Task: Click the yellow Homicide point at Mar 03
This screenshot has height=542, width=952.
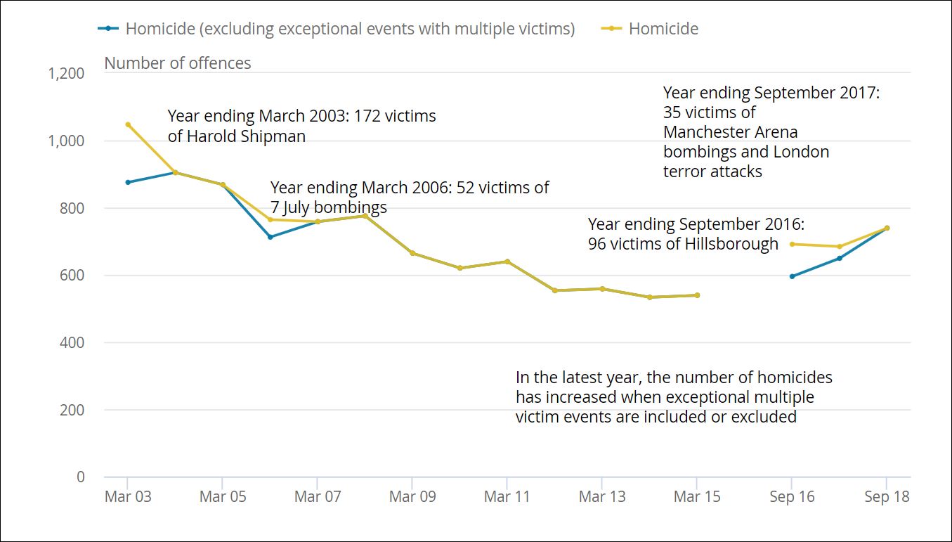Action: tap(128, 124)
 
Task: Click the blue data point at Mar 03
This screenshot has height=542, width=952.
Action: tap(128, 182)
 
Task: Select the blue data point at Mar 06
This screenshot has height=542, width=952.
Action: tap(270, 237)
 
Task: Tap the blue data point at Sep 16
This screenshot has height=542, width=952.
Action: tap(792, 276)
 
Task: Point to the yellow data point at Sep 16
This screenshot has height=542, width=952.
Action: tap(792, 244)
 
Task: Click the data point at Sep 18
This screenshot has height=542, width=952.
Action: tap(887, 228)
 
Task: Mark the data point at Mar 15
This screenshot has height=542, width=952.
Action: tap(697, 295)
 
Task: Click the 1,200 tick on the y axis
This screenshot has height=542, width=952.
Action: tap(66, 74)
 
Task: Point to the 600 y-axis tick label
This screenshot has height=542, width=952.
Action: tap(71, 276)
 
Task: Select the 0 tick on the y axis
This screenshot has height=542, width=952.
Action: tap(80, 477)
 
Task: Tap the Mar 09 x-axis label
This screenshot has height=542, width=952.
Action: tap(412, 497)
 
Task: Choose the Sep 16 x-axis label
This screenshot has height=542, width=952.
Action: tap(792, 497)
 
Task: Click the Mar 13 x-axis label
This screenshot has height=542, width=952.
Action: tap(602, 497)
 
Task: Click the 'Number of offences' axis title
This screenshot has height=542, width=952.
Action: tap(178, 63)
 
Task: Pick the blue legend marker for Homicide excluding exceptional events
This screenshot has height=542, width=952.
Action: tap(108, 29)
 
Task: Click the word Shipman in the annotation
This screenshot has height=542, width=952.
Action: tap(274, 136)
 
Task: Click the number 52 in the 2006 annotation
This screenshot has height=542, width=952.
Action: tap(466, 188)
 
